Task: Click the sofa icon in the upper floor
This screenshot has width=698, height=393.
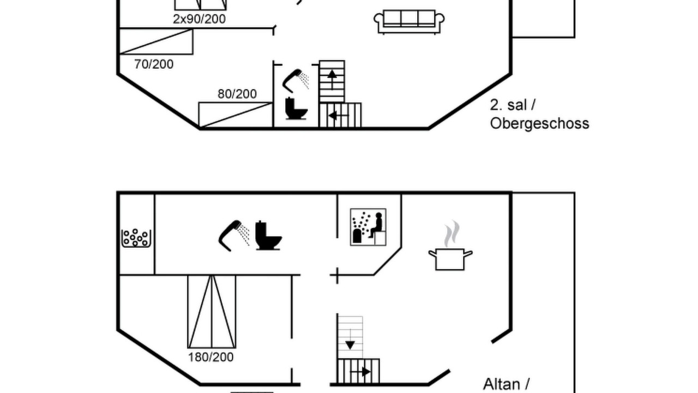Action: (x=409, y=22)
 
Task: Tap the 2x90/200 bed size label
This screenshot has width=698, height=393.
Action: (x=200, y=19)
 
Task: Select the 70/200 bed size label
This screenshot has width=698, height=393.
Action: (x=154, y=64)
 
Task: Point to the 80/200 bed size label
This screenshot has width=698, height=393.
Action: (x=237, y=94)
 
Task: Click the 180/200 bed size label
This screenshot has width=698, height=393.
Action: (x=211, y=357)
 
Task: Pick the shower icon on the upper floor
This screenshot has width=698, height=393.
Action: (x=296, y=81)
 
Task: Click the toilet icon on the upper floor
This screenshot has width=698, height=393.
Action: (x=296, y=108)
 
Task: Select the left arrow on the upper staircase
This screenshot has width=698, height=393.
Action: (x=339, y=116)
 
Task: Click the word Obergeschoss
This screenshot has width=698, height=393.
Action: (x=540, y=123)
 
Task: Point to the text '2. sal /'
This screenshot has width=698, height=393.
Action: (x=513, y=105)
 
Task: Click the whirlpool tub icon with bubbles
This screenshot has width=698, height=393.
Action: (x=136, y=238)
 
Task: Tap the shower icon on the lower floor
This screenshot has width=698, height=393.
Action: (x=234, y=235)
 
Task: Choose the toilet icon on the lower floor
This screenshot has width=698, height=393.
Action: (x=268, y=235)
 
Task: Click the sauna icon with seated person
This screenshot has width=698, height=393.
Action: (x=368, y=227)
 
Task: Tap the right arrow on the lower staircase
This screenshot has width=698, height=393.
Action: (x=361, y=372)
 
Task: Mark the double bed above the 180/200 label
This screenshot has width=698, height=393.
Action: (x=212, y=312)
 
